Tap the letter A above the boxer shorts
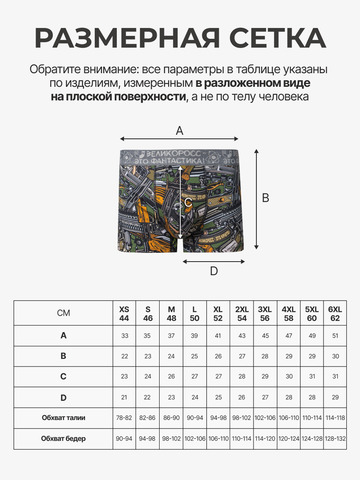tap(180, 130)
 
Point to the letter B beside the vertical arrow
tap(266, 198)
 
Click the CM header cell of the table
tap(64, 313)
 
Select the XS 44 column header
tap(124, 313)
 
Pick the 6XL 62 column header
tap(336, 313)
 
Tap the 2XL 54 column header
tap(242, 313)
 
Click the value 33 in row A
tap(124, 335)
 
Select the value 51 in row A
tap(336, 335)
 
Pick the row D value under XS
tap(124, 399)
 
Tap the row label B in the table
tap(64, 356)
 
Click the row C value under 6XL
tap(336, 378)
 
